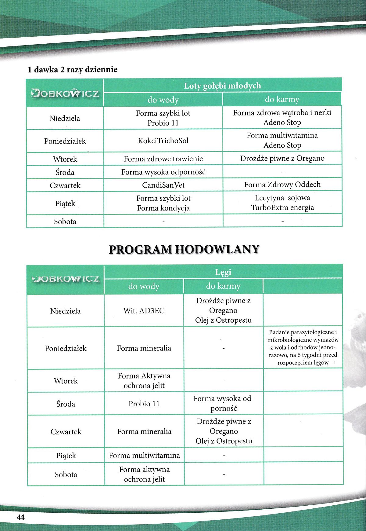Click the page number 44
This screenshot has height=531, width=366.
pos(21,517)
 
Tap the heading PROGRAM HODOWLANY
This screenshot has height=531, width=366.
pos(184,249)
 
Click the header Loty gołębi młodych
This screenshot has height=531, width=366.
pos(222,86)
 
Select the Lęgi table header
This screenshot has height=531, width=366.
pos(223,272)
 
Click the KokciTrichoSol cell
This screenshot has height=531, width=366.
pos(163,141)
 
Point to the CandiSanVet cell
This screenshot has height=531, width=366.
pos(163,185)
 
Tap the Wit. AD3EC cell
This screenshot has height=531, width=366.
pos(144,311)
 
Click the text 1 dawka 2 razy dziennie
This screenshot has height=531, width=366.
pos(73,70)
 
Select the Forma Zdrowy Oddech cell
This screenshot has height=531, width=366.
pos(282,185)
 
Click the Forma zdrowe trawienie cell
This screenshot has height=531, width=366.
pos(163,159)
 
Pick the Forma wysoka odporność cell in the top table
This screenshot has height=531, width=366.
pos(163,172)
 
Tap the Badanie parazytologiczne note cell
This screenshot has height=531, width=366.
pos(303,347)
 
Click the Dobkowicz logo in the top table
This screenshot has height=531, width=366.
pos(65,93)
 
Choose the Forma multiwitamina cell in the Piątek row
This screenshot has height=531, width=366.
pos(144,456)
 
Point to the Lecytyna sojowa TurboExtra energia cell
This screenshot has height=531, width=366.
pos(282,203)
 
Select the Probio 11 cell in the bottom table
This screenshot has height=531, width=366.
pos(144,404)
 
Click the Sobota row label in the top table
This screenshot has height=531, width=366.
pos(65,222)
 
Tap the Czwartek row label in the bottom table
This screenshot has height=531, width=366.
pos(66,431)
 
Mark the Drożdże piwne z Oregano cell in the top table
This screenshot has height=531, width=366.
pos(282,159)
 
